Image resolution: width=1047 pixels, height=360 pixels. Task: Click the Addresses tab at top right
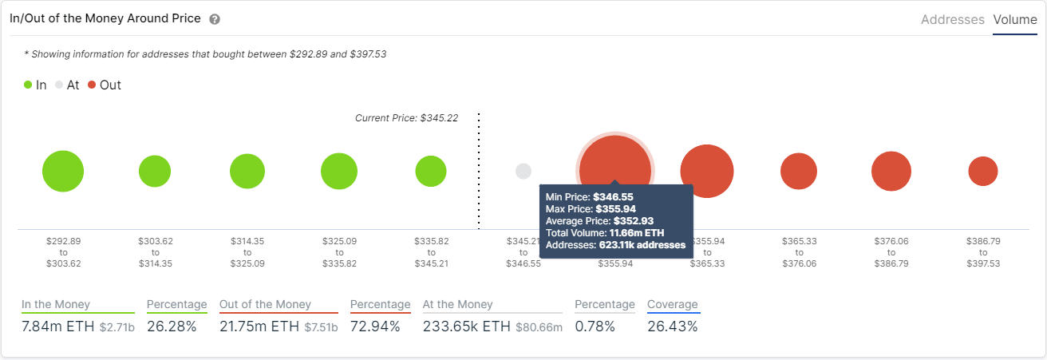tap(952, 19)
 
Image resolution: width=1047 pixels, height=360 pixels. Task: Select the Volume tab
tap(1014, 19)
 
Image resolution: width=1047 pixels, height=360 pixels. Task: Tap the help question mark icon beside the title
tap(215, 19)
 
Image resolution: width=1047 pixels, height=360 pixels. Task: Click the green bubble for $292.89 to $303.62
tap(63, 171)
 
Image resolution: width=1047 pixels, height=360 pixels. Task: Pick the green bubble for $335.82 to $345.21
tap(431, 171)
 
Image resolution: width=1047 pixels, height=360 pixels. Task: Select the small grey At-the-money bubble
tap(523, 171)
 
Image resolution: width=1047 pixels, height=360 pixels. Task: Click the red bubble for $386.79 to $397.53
tap(983, 171)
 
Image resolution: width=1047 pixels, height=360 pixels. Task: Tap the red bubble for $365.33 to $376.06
tap(799, 171)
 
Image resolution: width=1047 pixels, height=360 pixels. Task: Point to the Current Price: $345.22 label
tap(406, 118)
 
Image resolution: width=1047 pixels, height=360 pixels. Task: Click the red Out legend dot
tap(92, 85)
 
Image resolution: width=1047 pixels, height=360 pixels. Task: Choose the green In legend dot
tap(28, 85)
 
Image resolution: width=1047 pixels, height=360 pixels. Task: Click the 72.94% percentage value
tap(374, 326)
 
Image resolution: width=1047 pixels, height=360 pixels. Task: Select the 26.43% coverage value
tap(672, 326)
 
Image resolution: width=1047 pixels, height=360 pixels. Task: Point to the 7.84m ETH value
tap(57, 326)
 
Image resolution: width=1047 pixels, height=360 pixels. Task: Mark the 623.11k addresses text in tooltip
tap(642, 245)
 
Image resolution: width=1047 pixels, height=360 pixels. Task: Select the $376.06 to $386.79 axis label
tap(891, 251)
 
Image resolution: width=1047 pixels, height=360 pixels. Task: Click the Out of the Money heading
tap(265, 304)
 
